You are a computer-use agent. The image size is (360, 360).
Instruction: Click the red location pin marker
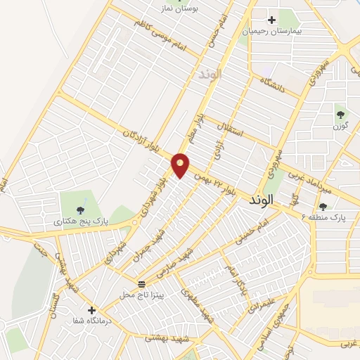click(x=181, y=165)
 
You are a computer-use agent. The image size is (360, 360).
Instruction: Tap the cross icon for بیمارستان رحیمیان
click(x=272, y=20)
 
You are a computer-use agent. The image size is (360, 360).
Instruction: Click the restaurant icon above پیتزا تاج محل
click(x=142, y=284)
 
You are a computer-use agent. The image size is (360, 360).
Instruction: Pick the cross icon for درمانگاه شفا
click(x=91, y=309)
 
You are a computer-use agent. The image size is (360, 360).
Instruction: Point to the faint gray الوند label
click(x=210, y=73)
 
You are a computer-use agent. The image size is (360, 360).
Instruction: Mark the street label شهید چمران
click(x=150, y=243)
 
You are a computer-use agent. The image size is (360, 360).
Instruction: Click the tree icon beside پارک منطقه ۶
click(x=323, y=206)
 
